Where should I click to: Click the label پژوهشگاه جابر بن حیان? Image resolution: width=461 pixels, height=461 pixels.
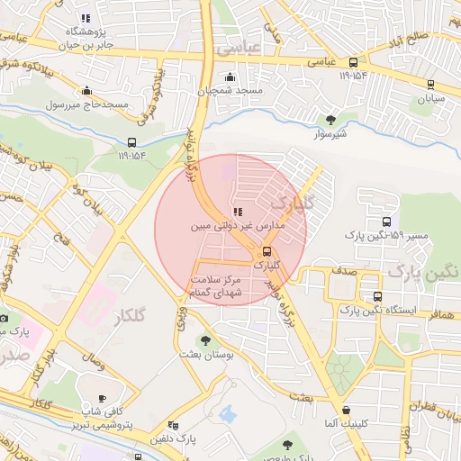[x=86, y=36]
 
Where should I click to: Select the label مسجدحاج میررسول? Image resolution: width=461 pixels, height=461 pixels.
[x=88, y=104]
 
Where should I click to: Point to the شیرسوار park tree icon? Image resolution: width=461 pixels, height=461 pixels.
[x=330, y=120]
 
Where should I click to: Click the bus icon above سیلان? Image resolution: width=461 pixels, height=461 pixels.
[x=430, y=84]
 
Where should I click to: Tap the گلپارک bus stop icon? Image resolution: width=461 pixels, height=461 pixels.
[x=267, y=252]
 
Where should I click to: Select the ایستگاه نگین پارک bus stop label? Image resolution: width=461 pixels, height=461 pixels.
[x=375, y=310]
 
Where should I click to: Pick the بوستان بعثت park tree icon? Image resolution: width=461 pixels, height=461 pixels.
[x=206, y=339]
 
